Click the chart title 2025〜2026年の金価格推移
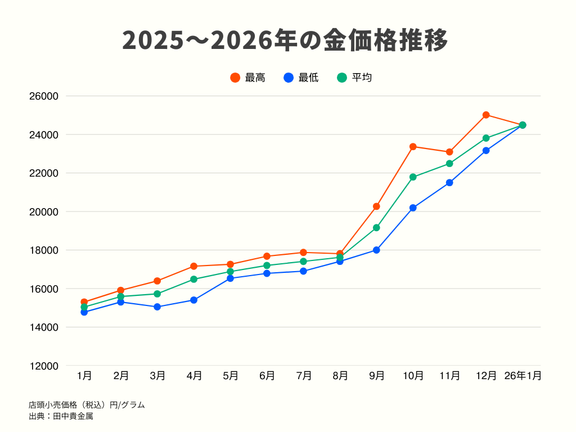coord(285,40)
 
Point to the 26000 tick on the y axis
coord(44,96)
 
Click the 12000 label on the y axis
coord(44,366)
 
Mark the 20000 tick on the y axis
coord(44,211)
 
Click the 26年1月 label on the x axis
coord(523,376)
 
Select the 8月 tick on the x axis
coord(340,376)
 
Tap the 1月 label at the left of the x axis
coord(84,376)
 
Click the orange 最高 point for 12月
coord(486,115)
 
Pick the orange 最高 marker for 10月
coord(413,146)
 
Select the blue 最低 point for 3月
coord(157,307)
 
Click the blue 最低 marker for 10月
coord(413,208)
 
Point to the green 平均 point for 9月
coord(376,228)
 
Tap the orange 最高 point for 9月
coord(376,206)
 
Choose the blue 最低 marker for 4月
coord(193,300)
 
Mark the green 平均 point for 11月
coord(449,164)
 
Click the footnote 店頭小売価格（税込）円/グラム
coord(87,404)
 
